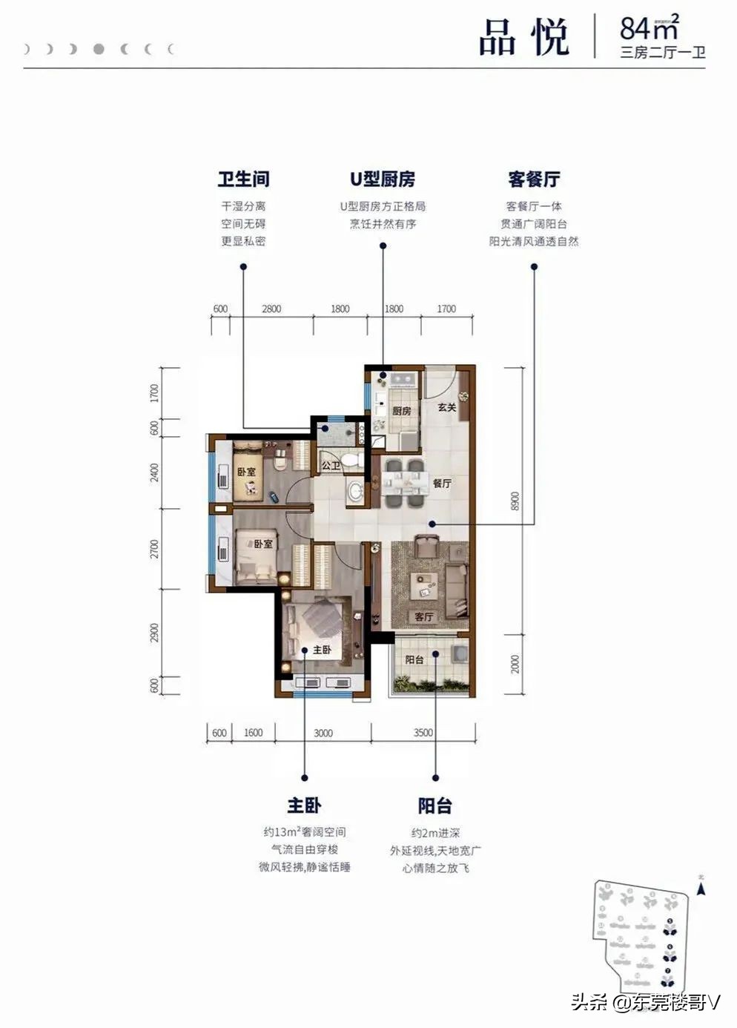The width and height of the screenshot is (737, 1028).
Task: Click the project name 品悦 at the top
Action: point(523,36)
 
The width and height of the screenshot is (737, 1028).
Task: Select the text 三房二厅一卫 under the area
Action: point(662,53)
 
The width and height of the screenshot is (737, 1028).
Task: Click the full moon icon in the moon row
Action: point(99,50)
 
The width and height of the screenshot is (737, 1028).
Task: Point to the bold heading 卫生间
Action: point(243,179)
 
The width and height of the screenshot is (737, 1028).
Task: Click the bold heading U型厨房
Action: point(383,179)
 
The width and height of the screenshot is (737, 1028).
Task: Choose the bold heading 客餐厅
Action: point(534,179)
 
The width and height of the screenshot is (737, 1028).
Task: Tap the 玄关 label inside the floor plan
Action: point(446,407)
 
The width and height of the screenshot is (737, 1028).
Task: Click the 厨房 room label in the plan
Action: point(401,411)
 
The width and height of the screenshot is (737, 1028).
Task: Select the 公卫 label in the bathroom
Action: point(331,466)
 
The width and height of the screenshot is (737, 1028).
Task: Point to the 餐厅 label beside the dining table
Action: point(442,483)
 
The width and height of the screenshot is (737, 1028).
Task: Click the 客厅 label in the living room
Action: point(424,616)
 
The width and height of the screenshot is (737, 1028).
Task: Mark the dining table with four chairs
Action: point(404,483)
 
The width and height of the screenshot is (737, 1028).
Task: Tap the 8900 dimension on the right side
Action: point(515,501)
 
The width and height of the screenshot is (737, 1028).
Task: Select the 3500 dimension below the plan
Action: point(423,733)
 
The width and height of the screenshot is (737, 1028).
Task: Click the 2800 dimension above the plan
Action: point(271,309)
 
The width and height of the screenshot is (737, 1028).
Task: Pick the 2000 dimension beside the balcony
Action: point(515,664)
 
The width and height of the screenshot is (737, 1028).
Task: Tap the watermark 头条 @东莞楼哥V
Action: point(645,1003)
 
